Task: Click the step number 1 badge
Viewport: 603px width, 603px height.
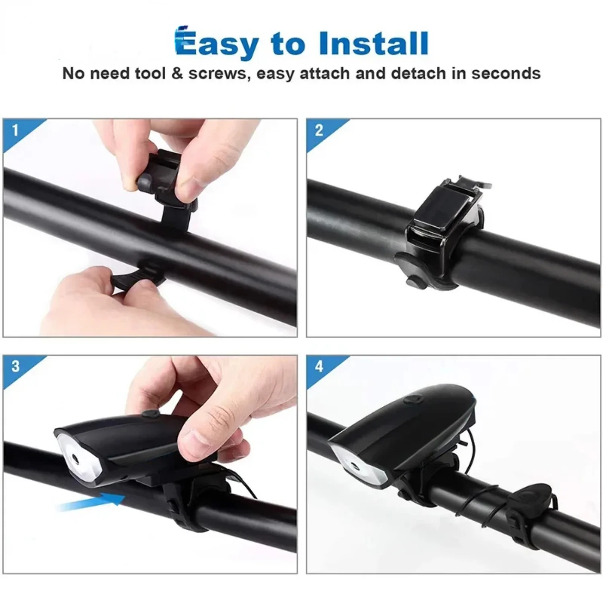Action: point(15,130)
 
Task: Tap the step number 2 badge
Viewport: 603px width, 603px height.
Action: point(319,130)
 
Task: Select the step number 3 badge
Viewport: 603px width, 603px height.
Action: point(15,366)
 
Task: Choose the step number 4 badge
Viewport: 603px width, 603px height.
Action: point(319,366)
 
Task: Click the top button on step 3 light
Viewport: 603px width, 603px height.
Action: point(150,414)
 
